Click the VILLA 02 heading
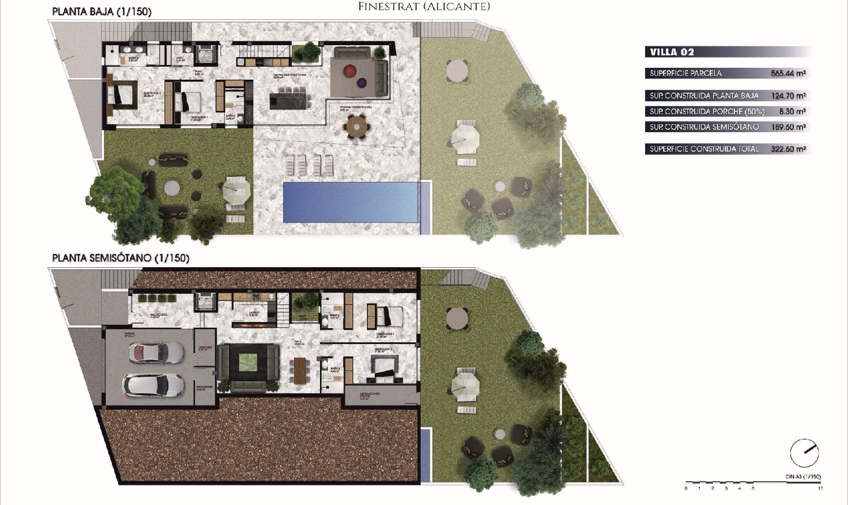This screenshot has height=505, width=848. pyautogui.click(x=672, y=52)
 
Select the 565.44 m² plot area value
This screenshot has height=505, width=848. pyautogui.click(x=788, y=73)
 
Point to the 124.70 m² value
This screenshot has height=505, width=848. pyautogui.click(x=788, y=96)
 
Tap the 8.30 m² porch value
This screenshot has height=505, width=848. pyautogui.click(x=792, y=112)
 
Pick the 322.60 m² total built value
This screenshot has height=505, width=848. pyautogui.click(x=788, y=149)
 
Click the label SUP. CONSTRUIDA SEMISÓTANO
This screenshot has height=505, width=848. pyautogui.click(x=704, y=127)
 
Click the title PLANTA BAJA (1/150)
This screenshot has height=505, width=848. pyautogui.click(x=102, y=11)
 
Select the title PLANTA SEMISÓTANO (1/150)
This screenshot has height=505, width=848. pyautogui.click(x=120, y=258)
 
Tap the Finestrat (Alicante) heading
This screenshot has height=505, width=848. pyautogui.click(x=424, y=7)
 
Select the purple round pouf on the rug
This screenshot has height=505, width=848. pyautogui.click(x=362, y=83)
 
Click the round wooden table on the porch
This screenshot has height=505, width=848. pyautogui.click(x=357, y=125)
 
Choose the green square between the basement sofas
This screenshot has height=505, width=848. pyautogui.click(x=248, y=363)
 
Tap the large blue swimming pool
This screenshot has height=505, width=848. pyautogui.click(x=351, y=202)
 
